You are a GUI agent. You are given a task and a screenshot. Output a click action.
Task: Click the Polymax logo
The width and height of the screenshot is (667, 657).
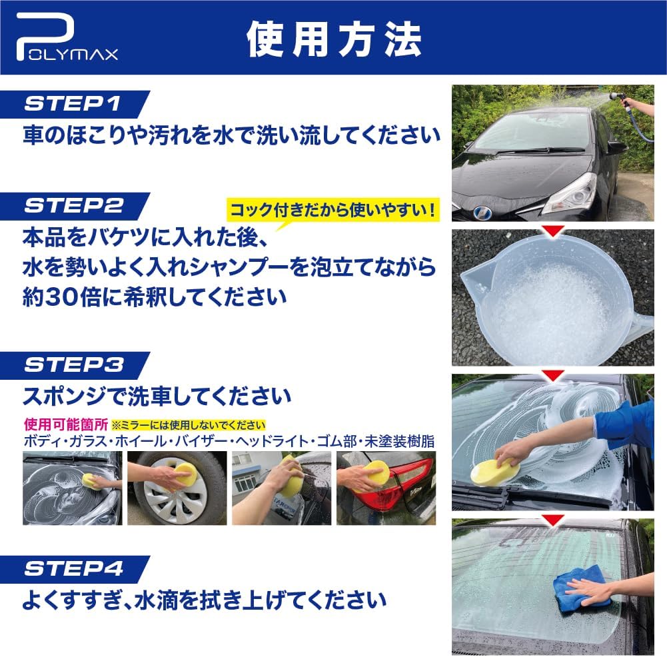67,37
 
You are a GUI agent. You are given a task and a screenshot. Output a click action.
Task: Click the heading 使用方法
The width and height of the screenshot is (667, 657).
334,39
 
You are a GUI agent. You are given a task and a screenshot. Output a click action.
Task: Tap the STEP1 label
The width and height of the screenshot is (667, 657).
73,104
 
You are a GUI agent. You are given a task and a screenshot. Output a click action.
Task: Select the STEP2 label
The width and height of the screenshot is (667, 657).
74,206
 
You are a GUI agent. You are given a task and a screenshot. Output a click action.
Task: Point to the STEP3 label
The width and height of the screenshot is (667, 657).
74,365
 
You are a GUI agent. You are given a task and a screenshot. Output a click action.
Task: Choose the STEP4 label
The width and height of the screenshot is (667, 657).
74,568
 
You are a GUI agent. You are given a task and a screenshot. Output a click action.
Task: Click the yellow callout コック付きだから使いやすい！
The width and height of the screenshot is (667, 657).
333,210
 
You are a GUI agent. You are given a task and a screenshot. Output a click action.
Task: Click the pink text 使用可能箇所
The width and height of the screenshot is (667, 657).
66,424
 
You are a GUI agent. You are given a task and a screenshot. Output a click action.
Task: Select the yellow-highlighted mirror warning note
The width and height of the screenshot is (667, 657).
189,425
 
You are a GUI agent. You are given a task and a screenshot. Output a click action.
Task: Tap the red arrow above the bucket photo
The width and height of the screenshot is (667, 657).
553,231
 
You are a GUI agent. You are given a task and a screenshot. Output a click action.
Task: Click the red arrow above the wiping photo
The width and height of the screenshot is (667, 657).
553,520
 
